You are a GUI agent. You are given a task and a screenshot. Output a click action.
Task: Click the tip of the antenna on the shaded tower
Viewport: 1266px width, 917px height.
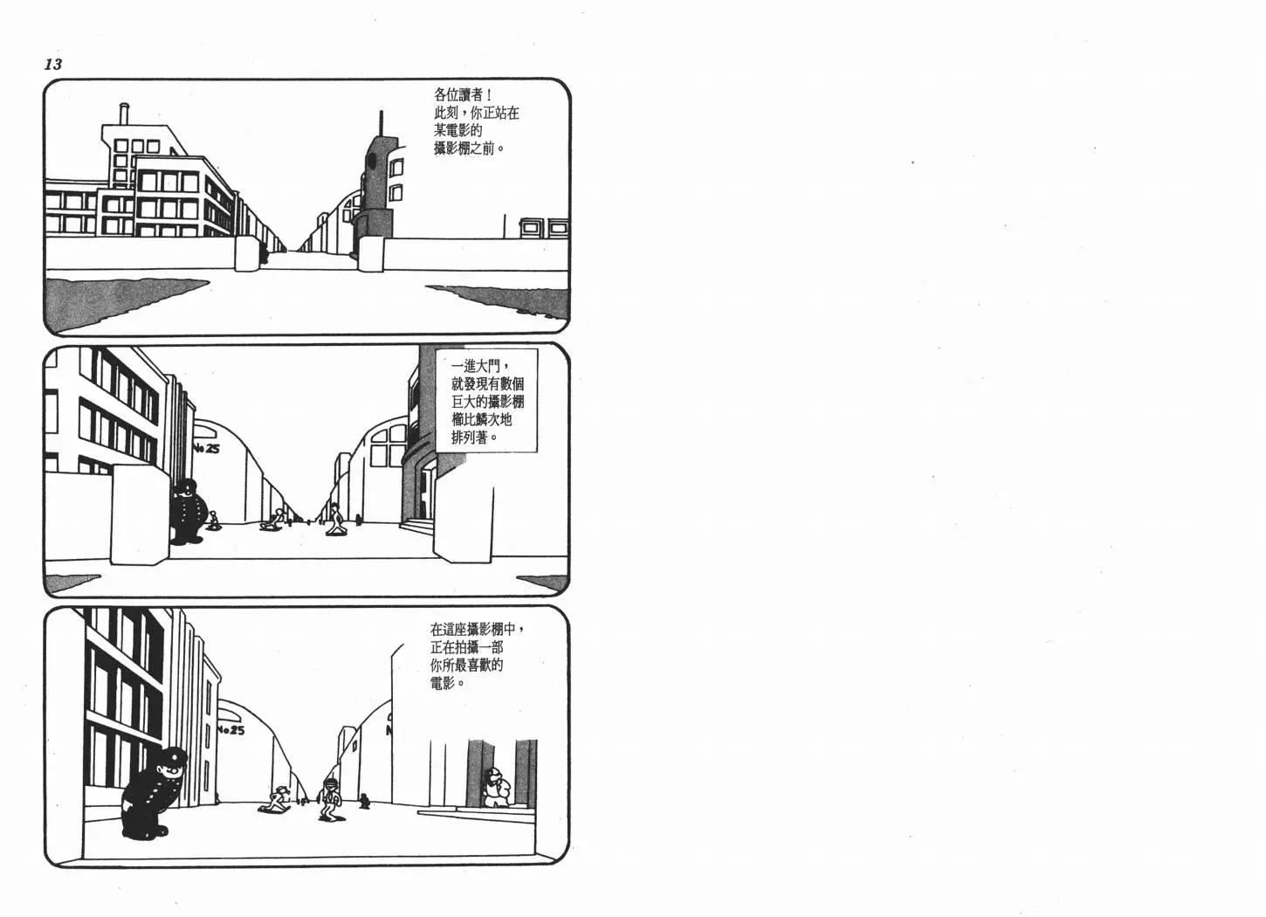point(381,112)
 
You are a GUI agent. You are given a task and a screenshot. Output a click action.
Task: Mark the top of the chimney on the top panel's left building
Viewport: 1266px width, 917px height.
point(125,105)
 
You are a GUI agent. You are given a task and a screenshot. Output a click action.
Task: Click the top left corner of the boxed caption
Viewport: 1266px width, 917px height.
point(436,348)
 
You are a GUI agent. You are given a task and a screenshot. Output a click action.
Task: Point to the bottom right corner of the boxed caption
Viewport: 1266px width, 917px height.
point(538,452)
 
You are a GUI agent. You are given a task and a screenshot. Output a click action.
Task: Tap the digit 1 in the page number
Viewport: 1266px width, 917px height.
point(49,65)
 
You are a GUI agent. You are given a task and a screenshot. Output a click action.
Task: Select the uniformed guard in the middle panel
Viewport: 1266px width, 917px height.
point(187,511)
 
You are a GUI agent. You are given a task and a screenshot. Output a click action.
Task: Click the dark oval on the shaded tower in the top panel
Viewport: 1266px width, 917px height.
point(371,162)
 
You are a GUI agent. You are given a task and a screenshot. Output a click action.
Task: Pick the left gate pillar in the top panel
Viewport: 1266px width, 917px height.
point(246,254)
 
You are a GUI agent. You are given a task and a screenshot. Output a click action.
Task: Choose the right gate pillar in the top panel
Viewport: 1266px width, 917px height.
point(371,254)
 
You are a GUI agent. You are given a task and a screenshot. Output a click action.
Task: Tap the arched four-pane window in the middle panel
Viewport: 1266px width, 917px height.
point(388,447)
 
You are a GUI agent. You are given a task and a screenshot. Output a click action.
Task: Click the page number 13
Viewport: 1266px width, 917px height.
point(53,65)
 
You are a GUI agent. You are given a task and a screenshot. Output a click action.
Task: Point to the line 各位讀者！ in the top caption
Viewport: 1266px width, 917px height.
point(463,94)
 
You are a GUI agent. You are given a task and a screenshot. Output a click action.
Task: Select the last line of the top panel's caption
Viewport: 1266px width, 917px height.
point(469,148)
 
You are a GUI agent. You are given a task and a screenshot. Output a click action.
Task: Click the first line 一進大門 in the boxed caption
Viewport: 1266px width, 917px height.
point(482,366)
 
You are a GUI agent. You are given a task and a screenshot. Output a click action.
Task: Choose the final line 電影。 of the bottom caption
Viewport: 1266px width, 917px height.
point(447,683)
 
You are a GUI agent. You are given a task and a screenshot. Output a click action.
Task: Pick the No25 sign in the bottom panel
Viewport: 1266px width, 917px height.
point(230,730)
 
